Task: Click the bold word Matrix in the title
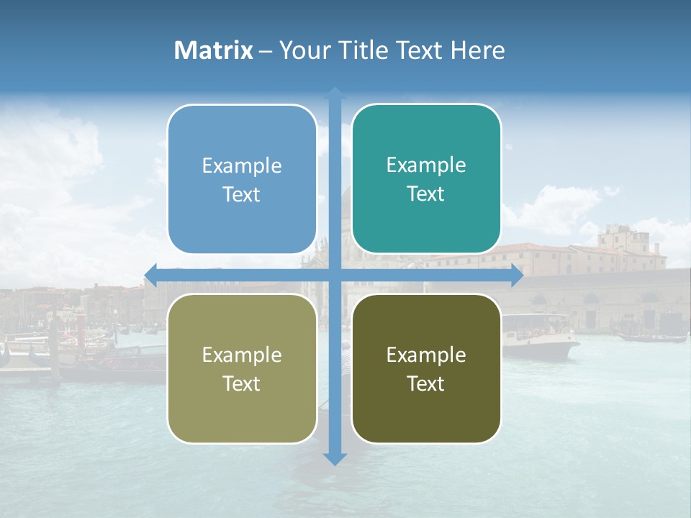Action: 213,50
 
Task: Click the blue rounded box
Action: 242,179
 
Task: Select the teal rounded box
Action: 426,178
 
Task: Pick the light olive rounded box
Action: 242,368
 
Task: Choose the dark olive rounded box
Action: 426,368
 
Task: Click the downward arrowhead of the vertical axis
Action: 335,459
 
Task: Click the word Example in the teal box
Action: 426,165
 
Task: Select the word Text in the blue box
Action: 241,194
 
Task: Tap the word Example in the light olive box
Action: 241,355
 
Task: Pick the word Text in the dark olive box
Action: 426,383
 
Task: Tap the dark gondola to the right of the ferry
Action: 651,336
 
